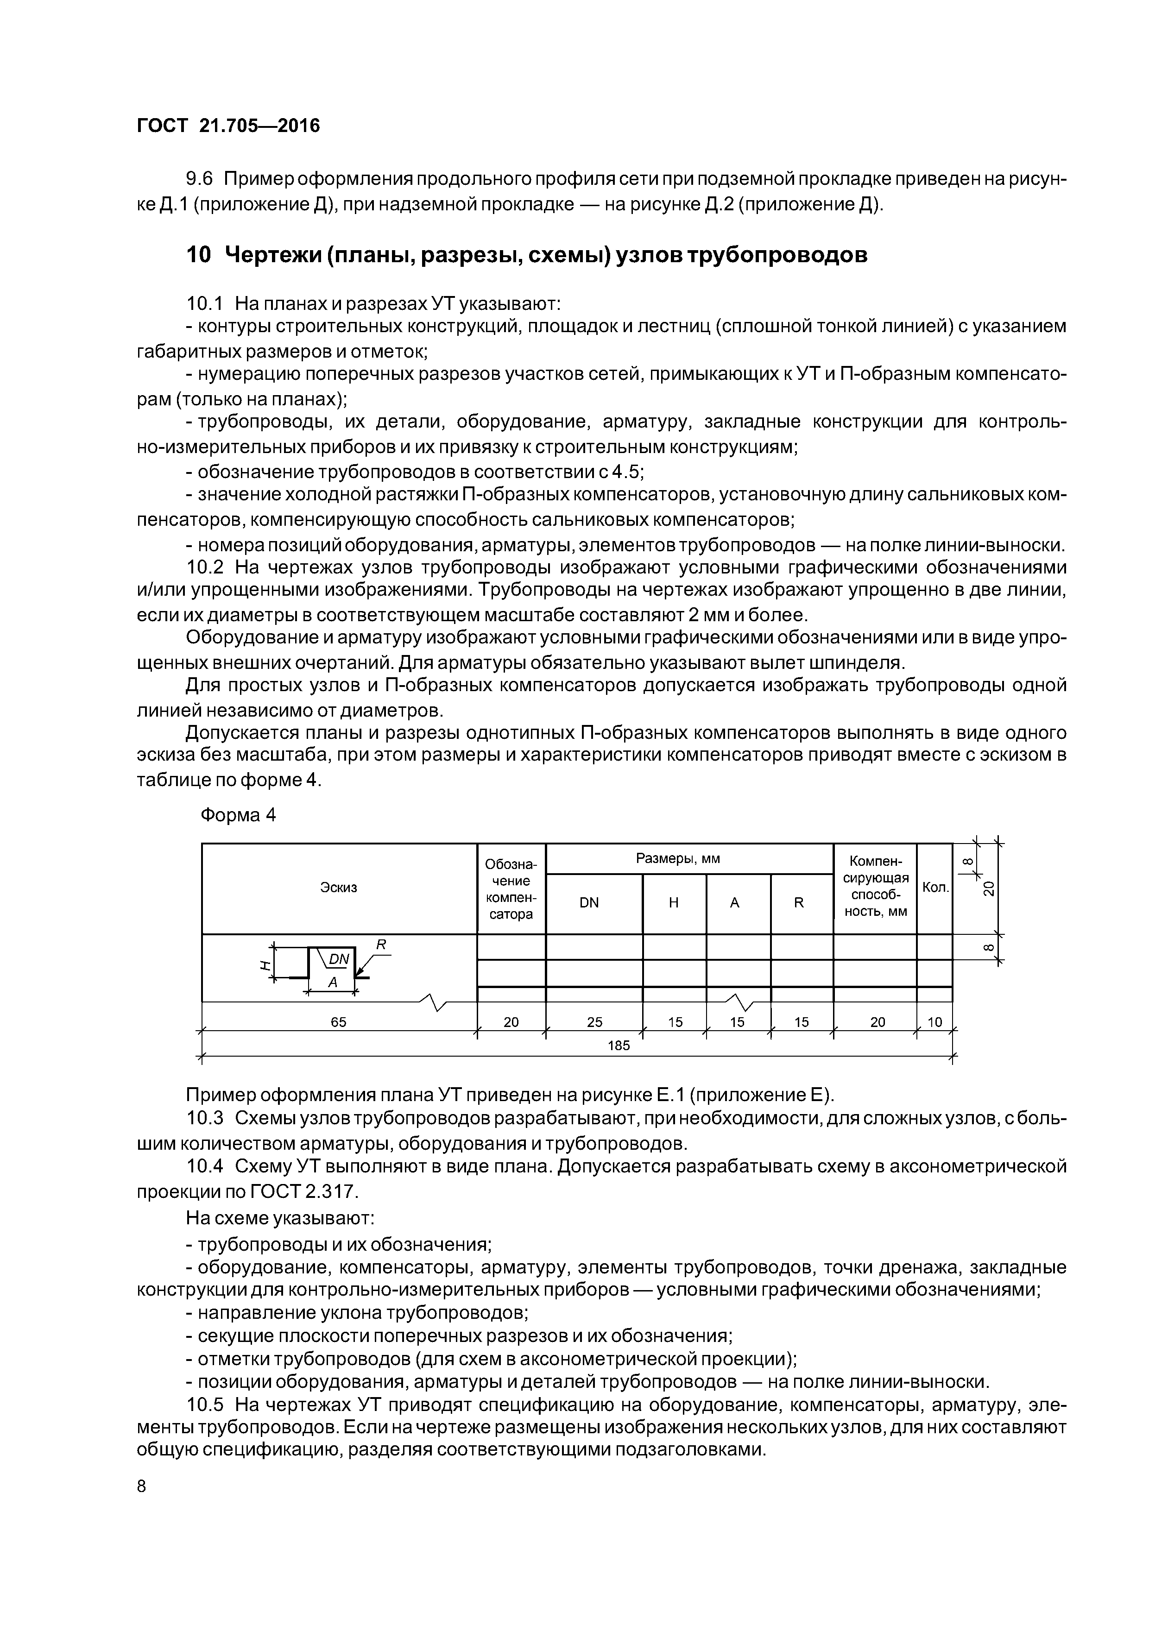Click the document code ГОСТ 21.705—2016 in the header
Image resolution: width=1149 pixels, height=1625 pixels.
(x=228, y=126)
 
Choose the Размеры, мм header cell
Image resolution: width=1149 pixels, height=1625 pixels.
(x=677, y=858)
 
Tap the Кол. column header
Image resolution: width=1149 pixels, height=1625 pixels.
(x=935, y=888)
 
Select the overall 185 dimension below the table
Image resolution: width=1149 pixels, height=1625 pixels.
(x=619, y=1046)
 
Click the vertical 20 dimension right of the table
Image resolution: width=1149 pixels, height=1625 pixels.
(x=989, y=888)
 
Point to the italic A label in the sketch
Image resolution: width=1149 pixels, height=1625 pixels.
(x=331, y=983)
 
